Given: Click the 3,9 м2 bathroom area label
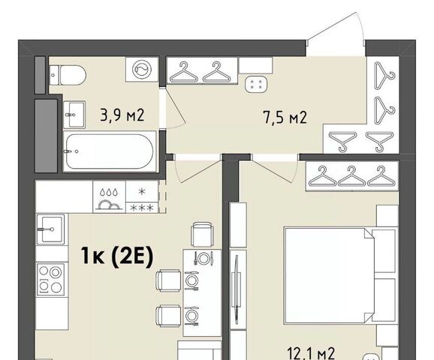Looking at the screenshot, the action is pos(122,115).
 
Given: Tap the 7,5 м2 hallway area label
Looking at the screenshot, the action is pos(285,118).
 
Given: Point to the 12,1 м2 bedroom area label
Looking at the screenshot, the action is pos(312,353).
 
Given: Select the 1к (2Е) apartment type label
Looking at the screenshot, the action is pos(116,256).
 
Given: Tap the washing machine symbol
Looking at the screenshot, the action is pos(141,69).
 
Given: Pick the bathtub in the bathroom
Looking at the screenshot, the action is pos(110,151).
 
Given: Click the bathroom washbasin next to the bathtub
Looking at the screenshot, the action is pos(74,115).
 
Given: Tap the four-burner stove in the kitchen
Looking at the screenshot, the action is pos(50,280).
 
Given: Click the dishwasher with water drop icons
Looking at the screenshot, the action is pos(110,196).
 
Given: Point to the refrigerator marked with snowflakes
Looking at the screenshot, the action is pos(142,196).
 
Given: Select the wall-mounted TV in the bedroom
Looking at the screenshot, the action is pos(236,289).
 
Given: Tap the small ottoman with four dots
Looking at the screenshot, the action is pos(256,84).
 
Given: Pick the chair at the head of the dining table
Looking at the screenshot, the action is pos(202,235).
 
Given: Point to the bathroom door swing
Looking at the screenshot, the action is pos(175,109).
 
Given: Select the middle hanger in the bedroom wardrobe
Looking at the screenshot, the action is pos(351,176).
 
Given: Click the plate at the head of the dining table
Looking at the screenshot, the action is pos(203,258).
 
